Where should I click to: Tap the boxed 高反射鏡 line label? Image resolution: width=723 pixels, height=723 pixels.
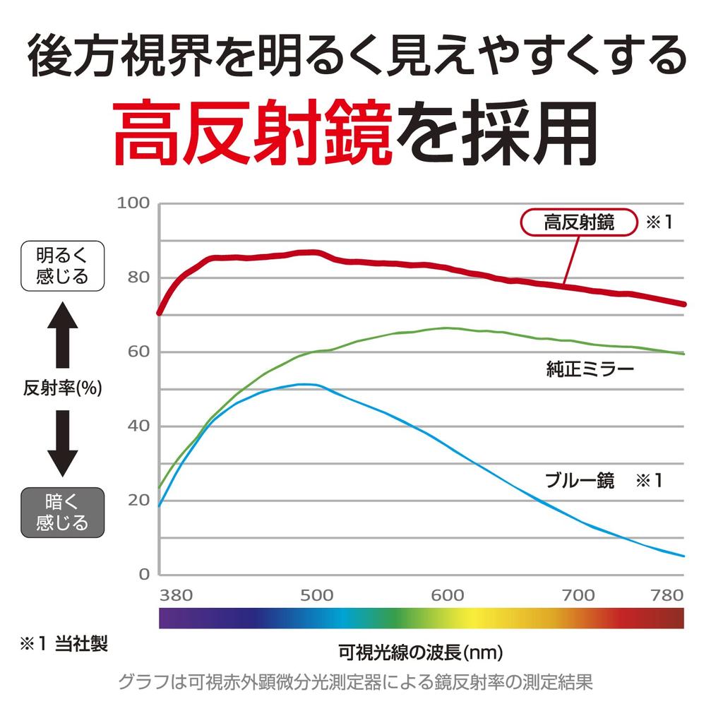[x=579, y=223]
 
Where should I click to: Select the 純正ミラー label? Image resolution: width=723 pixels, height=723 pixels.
[x=590, y=368]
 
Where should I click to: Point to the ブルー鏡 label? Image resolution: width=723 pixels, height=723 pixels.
[x=580, y=481]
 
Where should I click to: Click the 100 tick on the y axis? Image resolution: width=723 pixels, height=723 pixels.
[x=133, y=203]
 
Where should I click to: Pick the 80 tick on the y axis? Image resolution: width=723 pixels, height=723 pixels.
[x=139, y=277]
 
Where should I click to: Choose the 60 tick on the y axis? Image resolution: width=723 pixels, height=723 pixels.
[x=139, y=352]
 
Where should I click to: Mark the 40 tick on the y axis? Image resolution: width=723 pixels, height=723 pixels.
[x=139, y=426]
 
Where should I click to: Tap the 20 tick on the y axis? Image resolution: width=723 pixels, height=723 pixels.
[x=139, y=501]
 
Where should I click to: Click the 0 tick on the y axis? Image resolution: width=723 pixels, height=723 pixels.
[x=144, y=574]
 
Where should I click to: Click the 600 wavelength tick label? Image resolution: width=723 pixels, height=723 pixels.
[x=447, y=595]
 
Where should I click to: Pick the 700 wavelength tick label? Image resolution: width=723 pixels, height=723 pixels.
[x=578, y=595]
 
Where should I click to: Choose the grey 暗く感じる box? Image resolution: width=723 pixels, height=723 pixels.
[x=63, y=513]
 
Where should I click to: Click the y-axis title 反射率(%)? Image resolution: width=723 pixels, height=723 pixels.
[x=63, y=388]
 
